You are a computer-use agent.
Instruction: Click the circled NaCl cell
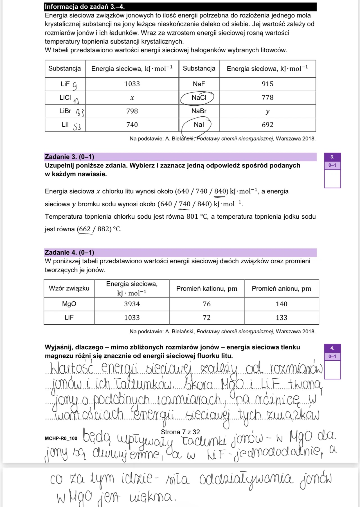(x=199, y=98)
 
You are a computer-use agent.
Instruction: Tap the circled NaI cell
(x=199, y=125)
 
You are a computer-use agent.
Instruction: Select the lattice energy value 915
(x=267, y=84)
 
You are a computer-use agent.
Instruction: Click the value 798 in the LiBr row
(x=132, y=111)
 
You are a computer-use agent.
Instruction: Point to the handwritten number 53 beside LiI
(x=77, y=127)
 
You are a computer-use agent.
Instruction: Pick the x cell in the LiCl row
(x=132, y=98)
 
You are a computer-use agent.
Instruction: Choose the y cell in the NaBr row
(x=267, y=111)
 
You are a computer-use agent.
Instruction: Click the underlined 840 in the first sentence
(x=220, y=191)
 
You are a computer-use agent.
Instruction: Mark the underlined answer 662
(x=85, y=229)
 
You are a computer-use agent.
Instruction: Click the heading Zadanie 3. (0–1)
(x=69, y=157)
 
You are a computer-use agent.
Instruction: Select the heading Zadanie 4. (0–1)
(x=69, y=252)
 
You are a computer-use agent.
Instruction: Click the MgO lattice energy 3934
(x=132, y=304)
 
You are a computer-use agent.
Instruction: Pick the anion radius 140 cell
(x=281, y=304)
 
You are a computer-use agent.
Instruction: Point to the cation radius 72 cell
(x=207, y=318)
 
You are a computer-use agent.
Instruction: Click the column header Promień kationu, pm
(x=207, y=289)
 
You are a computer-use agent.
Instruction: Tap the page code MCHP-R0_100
(x=61, y=438)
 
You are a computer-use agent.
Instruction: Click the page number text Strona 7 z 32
(x=180, y=432)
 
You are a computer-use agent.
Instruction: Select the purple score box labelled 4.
(x=332, y=348)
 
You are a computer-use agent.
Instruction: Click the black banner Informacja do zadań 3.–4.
(x=180, y=7)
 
